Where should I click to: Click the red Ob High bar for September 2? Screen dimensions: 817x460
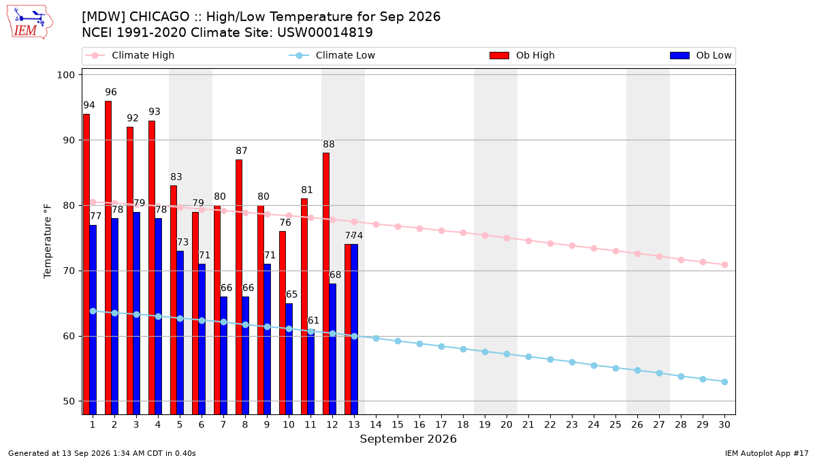[x=108, y=258]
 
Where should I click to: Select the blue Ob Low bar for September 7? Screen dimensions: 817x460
[x=223, y=356]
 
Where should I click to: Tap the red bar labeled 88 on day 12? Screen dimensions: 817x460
[x=325, y=283]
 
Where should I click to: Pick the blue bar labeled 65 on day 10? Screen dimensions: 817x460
[x=289, y=359]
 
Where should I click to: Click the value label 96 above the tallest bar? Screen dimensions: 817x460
[x=111, y=92]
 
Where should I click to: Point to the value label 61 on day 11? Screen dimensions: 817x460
[x=313, y=320]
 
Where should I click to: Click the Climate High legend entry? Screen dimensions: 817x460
[x=129, y=55]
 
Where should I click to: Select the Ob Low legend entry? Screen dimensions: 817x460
[x=701, y=55]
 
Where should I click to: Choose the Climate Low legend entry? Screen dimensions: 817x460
[x=332, y=55]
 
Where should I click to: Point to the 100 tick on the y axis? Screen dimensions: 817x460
[x=65, y=75]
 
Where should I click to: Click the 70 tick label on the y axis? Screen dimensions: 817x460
[x=69, y=271]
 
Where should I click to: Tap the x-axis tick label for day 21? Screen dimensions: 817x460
[x=528, y=425]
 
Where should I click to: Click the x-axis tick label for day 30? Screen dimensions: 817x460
[x=724, y=425]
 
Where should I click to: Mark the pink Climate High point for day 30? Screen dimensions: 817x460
[x=724, y=264]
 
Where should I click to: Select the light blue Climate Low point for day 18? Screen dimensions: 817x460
[x=463, y=350]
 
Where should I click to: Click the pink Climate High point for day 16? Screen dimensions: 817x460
[x=420, y=228]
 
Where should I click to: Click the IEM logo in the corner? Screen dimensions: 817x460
[x=30, y=22]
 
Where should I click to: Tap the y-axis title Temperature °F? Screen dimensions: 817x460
[x=48, y=242]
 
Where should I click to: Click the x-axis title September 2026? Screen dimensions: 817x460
[x=408, y=439]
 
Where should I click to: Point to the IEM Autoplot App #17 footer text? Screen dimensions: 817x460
[x=767, y=453]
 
